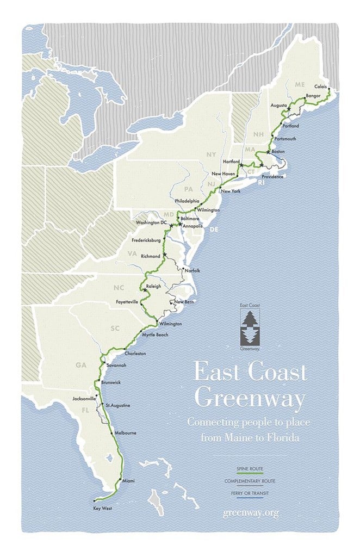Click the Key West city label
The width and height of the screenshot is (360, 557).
click(102, 508)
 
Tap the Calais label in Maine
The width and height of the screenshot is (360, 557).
click(322, 87)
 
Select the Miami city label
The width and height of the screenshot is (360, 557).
click(128, 481)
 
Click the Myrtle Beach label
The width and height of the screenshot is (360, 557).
click(155, 335)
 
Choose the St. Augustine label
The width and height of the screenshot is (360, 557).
click(118, 405)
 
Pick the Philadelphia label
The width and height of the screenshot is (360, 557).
click(187, 201)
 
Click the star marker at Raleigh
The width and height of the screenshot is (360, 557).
click(145, 290)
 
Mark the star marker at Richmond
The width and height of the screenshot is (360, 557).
click(165, 254)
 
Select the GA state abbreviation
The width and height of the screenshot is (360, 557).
click(81, 365)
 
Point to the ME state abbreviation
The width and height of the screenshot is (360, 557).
click(300, 85)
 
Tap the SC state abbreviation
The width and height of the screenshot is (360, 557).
click(115, 329)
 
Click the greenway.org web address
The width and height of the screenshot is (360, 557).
click(250, 513)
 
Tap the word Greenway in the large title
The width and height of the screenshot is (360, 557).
click(250, 398)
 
